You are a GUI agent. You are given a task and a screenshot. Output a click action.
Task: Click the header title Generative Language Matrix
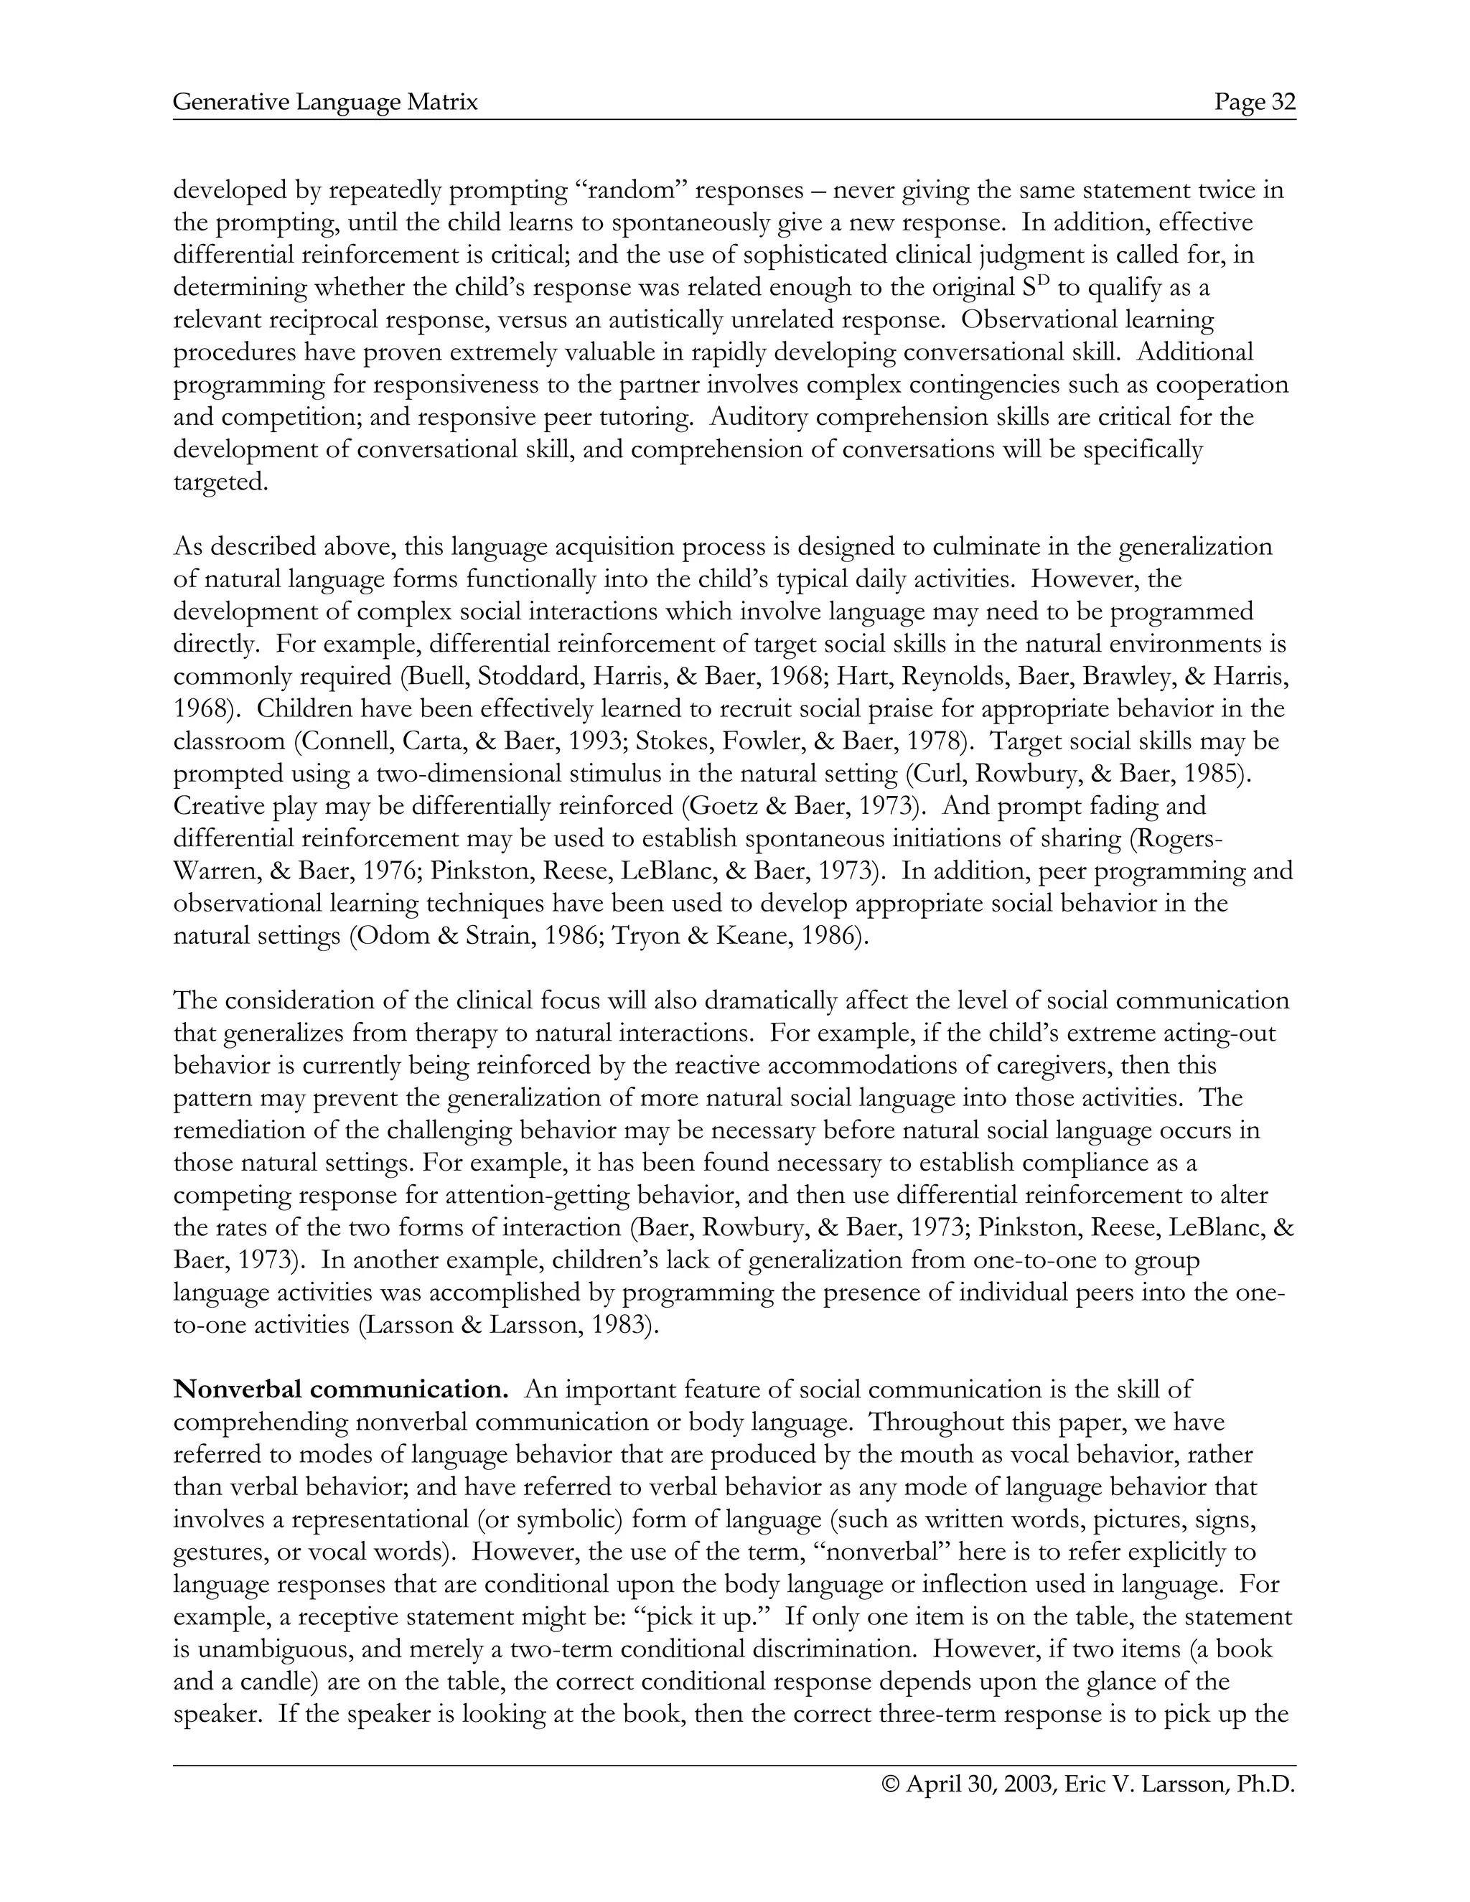point(326,103)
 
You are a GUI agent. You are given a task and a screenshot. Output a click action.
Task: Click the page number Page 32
point(1255,103)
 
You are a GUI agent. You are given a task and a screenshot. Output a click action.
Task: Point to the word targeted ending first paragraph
point(220,482)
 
